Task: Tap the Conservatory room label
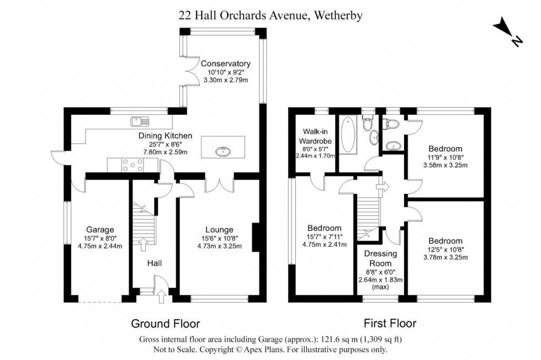[x=225, y=63]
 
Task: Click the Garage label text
[x=99, y=230]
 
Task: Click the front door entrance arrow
[x=161, y=297]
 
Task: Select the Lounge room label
[x=219, y=230]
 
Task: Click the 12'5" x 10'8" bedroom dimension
[x=445, y=250]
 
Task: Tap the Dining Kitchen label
[x=165, y=135]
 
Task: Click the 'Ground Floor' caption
[x=165, y=324]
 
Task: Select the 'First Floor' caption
[x=390, y=324]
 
